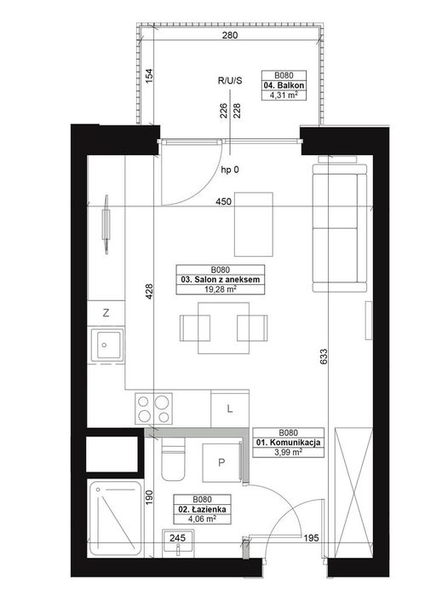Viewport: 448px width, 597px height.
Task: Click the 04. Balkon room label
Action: (x=284, y=85)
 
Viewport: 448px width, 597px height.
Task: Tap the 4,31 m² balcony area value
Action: (x=284, y=96)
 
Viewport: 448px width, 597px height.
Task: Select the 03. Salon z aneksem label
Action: (x=221, y=280)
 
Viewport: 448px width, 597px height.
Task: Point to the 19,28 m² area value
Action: (x=220, y=289)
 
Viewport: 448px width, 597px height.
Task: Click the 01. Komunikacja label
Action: (x=288, y=443)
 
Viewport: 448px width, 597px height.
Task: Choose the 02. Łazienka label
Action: (x=202, y=509)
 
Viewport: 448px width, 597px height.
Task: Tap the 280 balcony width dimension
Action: (x=230, y=36)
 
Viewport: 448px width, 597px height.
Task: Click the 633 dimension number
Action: (x=324, y=356)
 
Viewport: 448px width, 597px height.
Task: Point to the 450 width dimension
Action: (x=223, y=201)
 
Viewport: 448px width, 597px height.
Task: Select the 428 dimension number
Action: (x=149, y=292)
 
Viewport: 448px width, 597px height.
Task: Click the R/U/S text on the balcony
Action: (x=230, y=81)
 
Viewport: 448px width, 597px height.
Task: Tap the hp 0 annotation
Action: (x=230, y=171)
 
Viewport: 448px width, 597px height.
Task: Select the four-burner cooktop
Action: (x=154, y=409)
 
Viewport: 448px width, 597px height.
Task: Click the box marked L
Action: (x=230, y=409)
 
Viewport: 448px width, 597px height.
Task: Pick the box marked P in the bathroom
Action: (x=221, y=462)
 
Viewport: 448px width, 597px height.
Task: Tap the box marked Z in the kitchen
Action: (x=106, y=313)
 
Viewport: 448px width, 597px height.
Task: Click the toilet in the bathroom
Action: (x=173, y=459)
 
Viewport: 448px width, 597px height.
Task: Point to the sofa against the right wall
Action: (x=340, y=229)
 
